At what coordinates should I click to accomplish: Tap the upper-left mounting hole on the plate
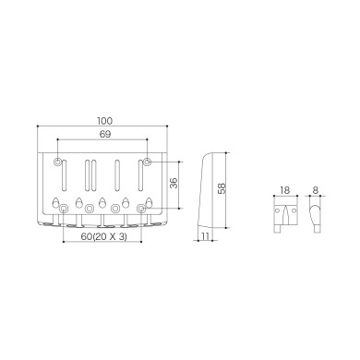coord(61,163)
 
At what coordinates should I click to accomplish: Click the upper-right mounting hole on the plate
coord(146,163)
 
